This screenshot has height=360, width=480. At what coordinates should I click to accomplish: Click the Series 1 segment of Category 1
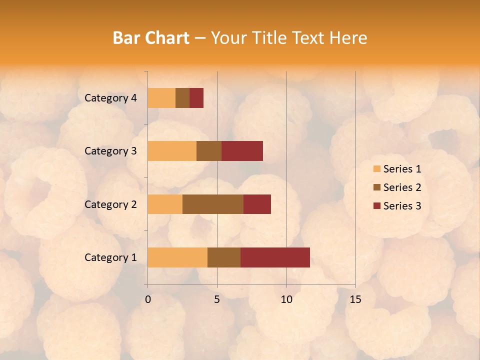click(x=177, y=257)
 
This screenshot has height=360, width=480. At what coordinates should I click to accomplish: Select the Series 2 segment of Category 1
click(x=224, y=257)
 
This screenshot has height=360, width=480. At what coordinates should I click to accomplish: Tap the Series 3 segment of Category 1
click(x=275, y=257)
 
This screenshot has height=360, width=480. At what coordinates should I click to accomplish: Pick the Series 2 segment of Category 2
click(x=213, y=204)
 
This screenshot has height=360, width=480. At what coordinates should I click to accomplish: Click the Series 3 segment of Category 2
click(x=257, y=204)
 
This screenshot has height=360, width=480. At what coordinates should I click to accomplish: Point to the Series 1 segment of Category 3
click(x=172, y=151)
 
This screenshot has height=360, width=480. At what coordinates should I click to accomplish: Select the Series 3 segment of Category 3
click(x=242, y=151)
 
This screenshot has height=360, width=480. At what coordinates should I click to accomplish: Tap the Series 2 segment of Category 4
click(x=182, y=98)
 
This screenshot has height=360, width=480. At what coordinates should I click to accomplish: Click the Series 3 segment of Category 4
click(x=196, y=98)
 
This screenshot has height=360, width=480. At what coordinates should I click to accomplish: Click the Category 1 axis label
click(x=110, y=257)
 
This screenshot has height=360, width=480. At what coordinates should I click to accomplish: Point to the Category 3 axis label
click(x=110, y=151)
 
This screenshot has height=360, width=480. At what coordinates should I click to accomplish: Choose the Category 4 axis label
click(x=110, y=98)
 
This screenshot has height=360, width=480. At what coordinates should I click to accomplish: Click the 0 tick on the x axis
click(x=148, y=299)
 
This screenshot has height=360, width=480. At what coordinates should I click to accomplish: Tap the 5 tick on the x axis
click(x=217, y=299)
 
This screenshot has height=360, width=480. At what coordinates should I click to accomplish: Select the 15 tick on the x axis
click(x=355, y=299)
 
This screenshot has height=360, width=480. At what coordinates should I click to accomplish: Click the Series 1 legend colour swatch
click(x=376, y=169)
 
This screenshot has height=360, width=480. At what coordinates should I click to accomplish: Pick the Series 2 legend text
click(x=402, y=187)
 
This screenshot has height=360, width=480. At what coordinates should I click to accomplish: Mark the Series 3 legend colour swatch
click(x=376, y=206)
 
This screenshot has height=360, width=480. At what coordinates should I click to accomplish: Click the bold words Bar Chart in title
click(x=151, y=38)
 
